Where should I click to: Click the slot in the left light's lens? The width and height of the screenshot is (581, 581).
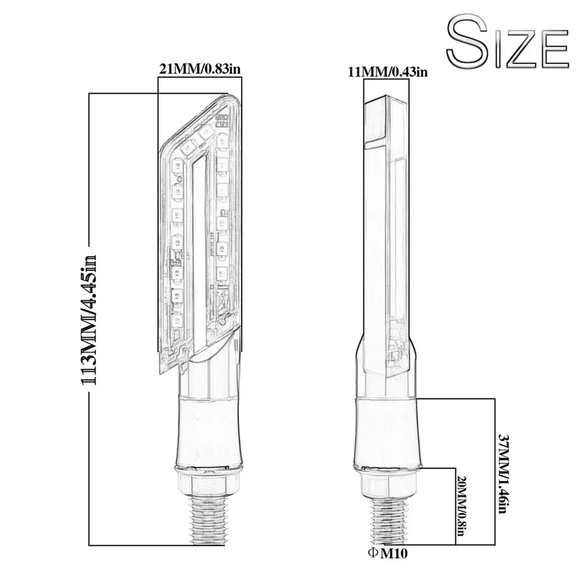[198, 253]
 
